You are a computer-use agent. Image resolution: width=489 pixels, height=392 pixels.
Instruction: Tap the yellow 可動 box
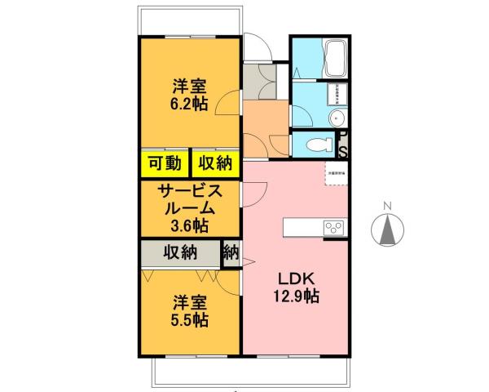tap(165, 163)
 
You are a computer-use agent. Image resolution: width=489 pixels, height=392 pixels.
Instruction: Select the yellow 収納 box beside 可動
tap(214, 163)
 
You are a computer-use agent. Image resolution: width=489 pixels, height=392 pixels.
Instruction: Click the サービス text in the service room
tap(188, 191)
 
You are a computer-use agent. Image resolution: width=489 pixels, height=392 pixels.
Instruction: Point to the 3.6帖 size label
tap(188, 225)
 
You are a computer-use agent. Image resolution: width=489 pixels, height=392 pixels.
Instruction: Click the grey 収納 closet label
tap(179, 252)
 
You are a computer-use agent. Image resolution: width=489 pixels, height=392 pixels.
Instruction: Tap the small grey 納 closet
tap(231, 252)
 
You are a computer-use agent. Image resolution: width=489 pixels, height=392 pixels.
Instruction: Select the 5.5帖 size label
tap(188, 319)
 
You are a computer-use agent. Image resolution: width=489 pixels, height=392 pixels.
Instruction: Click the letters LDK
tap(294, 278)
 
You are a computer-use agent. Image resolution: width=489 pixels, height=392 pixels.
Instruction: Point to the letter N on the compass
tap(389, 205)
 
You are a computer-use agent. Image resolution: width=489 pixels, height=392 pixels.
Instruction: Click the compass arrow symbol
tap(389, 229)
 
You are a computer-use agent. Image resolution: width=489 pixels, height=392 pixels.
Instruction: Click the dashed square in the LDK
tap(335, 176)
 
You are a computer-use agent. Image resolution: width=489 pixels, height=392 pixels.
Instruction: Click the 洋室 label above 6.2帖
tap(188, 85)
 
